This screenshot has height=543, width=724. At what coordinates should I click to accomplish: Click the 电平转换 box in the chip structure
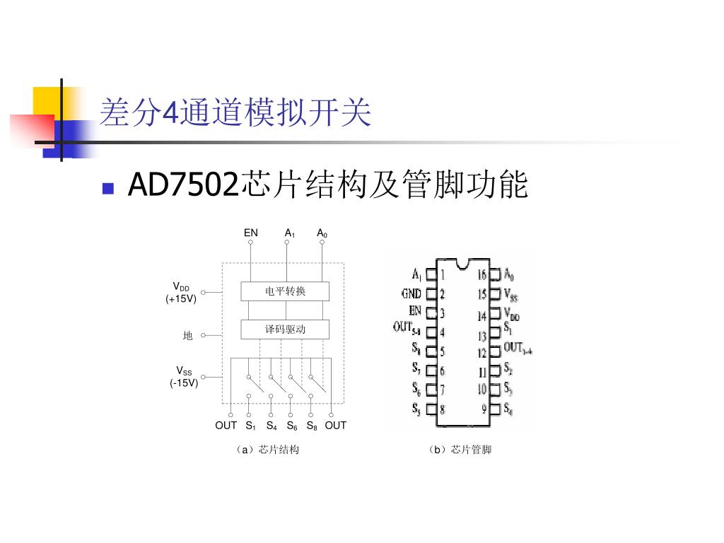[286, 291]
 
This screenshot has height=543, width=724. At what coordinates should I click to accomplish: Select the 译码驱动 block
[286, 329]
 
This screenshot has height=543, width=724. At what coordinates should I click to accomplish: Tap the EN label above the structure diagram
[251, 233]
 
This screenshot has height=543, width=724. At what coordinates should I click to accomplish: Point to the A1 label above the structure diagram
[290, 233]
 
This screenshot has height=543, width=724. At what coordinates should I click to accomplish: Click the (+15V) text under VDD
[182, 298]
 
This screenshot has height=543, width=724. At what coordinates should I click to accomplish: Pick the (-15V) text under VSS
[184, 383]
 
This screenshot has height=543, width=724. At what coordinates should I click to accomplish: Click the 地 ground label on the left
[187, 336]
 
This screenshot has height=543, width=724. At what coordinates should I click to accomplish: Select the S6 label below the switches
[292, 426]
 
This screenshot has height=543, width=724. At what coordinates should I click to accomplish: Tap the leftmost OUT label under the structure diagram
[226, 425]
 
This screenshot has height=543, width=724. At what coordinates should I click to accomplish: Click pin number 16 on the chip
[482, 274]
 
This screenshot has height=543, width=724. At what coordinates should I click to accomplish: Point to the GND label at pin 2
[411, 293]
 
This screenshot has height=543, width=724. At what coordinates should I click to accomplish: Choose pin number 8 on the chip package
[443, 409]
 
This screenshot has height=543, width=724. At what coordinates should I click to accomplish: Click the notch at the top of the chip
[463, 264]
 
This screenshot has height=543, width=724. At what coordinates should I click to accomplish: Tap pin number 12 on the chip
[482, 352]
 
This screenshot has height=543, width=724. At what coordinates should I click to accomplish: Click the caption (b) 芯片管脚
[459, 450]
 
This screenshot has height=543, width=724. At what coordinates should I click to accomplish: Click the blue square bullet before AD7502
[108, 188]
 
